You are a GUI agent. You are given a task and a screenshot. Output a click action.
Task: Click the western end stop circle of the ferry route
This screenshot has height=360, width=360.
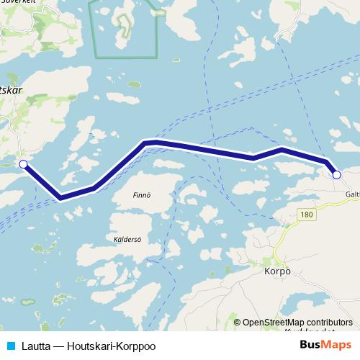point(23,164)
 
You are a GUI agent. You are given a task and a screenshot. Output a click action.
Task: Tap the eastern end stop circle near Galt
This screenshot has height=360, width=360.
point(336,174)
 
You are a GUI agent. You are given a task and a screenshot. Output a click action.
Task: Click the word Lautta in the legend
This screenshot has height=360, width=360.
point(34,344)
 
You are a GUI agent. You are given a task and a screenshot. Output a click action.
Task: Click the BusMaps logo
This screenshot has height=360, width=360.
point(325,344)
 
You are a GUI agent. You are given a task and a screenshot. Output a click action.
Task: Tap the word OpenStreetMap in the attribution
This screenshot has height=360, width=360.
point(276,323)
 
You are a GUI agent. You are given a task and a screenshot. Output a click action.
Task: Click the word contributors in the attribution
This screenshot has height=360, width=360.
point(331,323)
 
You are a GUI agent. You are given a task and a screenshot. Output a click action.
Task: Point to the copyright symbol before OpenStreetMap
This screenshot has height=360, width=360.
point(237,323)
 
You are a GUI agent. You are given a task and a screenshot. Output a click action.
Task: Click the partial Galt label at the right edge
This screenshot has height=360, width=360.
point(352,194)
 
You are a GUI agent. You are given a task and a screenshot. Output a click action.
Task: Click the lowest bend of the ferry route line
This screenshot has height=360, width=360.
point(60,197)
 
